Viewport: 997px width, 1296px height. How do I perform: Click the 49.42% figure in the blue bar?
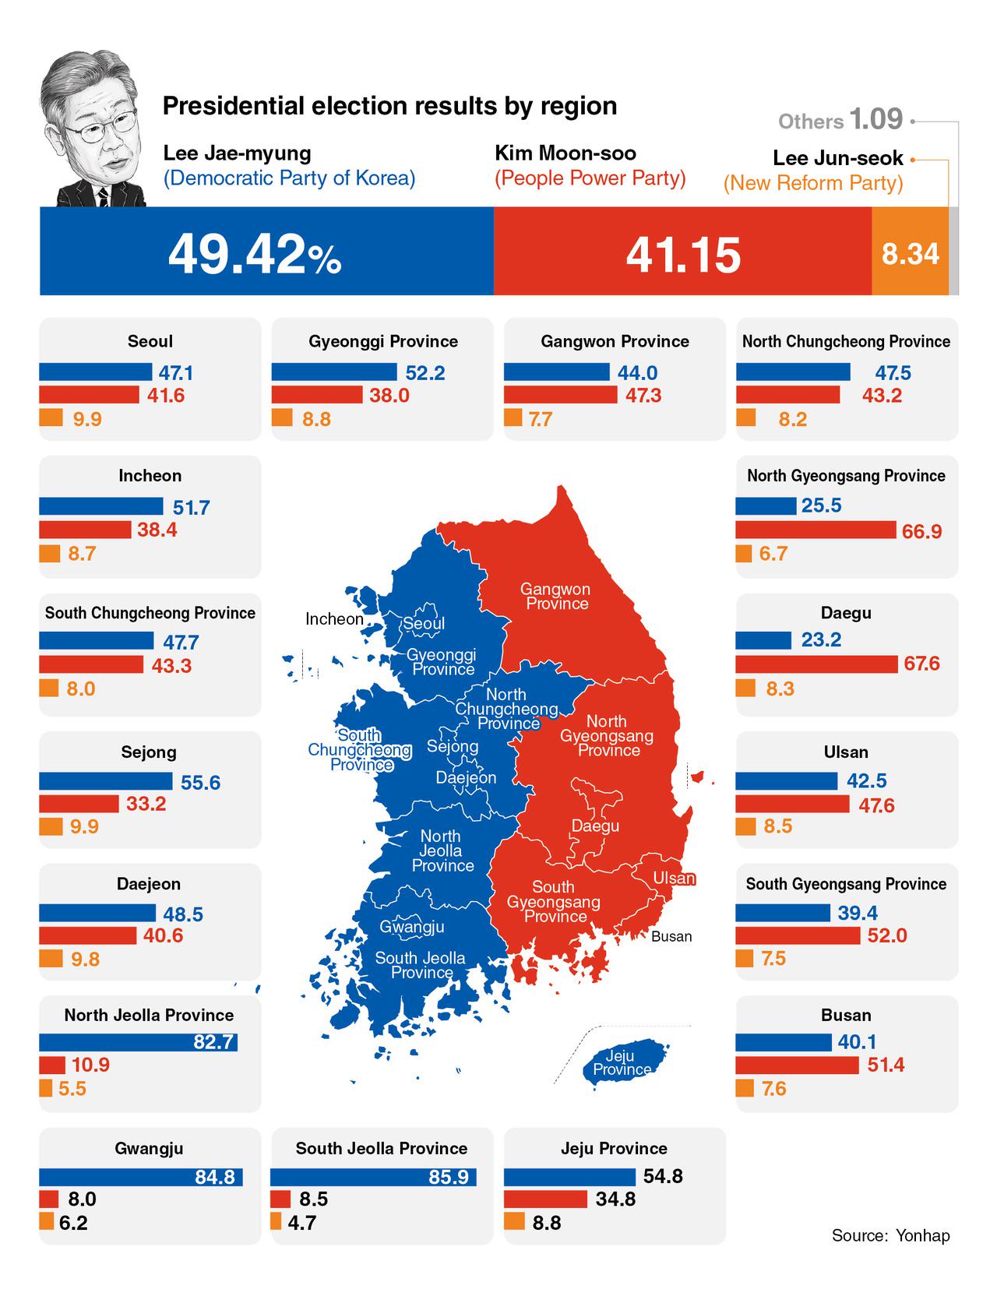tap(254, 254)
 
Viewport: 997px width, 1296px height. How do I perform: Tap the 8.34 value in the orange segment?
tap(910, 254)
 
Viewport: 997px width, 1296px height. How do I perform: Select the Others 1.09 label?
tap(840, 120)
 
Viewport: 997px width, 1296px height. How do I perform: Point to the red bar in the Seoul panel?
tap(89, 395)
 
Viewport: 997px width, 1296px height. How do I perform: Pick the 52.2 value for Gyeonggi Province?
tap(425, 373)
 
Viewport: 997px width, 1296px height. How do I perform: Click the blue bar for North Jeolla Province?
tap(138, 1042)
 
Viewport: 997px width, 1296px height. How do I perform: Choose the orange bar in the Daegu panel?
tap(745, 688)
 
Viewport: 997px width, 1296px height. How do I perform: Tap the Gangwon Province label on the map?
tap(556, 597)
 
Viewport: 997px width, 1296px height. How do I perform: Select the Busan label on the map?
tap(671, 936)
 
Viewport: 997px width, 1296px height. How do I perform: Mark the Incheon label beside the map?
tap(334, 619)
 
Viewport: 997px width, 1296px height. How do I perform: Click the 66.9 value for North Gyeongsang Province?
tap(921, 531)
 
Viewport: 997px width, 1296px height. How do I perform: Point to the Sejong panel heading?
tap(149, 752)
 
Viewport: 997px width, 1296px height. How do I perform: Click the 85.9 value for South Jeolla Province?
tap(449, 1177)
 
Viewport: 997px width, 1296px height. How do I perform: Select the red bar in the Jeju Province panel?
tap(545, 1199)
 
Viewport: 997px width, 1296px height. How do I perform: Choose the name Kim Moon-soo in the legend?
tap(565, 153)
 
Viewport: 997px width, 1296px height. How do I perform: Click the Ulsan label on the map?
tap(674, 879)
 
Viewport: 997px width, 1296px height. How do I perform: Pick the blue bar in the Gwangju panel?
tap(140, 1177)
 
